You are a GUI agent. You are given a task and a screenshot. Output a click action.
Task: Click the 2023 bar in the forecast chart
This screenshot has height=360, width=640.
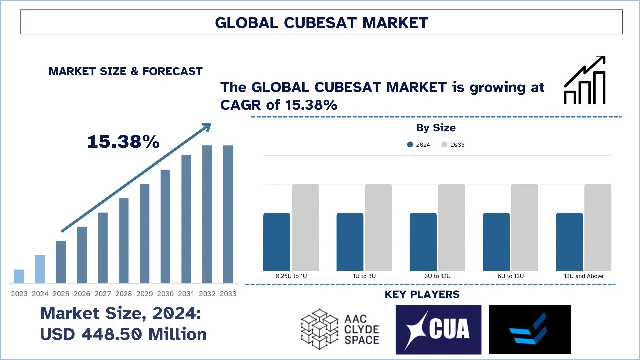click(19, 276)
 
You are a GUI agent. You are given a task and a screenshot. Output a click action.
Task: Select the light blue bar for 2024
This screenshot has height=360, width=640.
click(40, 269)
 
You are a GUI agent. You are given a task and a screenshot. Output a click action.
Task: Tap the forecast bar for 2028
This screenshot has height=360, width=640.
click(124, 240)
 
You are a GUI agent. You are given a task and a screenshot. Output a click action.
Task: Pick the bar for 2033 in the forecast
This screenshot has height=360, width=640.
click(228, 214)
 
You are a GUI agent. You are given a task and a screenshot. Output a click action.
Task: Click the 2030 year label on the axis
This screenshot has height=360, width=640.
click(165, 294)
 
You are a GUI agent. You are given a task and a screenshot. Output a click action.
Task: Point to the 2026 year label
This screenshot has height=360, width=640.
click(82, 294)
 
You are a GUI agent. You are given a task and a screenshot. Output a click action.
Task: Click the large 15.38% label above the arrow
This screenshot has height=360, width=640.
click(123, 142)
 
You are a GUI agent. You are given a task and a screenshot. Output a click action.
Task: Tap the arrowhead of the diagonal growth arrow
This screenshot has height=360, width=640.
click(207, 127)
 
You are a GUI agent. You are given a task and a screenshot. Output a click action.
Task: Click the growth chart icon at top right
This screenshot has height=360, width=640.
click(585, 80)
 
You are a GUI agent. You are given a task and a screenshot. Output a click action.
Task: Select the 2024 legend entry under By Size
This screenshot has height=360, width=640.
click(419, 145)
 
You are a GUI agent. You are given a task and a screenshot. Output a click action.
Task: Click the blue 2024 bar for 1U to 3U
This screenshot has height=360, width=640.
click(350, 242)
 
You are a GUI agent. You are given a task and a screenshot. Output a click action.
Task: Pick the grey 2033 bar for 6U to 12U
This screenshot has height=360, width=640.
click(525, 227)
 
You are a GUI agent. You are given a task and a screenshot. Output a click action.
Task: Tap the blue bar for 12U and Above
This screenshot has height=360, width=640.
click(569, 242)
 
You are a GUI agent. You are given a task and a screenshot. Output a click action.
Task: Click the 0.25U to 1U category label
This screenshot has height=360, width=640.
click(291, 276)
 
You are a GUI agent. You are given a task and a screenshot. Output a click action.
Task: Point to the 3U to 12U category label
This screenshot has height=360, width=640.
click(437, 276)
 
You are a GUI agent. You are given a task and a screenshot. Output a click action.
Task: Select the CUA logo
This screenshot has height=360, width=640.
click(438, 329)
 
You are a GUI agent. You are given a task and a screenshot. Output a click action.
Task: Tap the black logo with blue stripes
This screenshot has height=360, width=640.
click(530, 329)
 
